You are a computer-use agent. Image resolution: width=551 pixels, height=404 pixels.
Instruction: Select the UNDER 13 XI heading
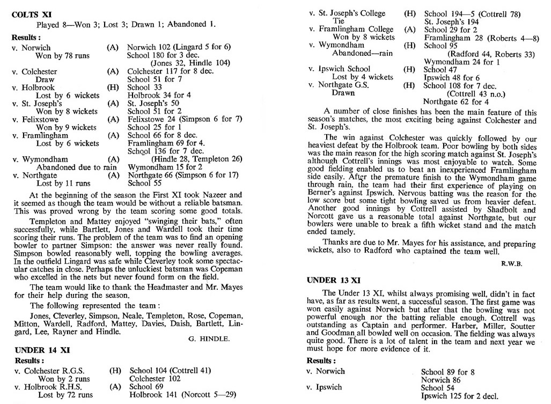(333, 280)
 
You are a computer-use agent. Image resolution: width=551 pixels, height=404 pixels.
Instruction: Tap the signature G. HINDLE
(209, 339)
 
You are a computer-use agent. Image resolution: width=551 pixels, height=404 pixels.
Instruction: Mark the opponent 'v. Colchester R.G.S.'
(48, 370)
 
